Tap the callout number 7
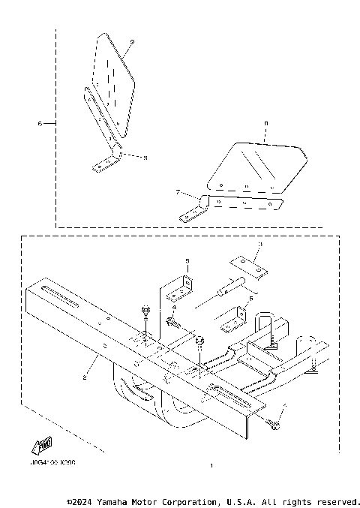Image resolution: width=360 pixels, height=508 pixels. click(178, 192)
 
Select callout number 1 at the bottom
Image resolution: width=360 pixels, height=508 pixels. click(212, 466)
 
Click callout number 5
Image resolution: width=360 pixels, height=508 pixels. click(187, 260)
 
